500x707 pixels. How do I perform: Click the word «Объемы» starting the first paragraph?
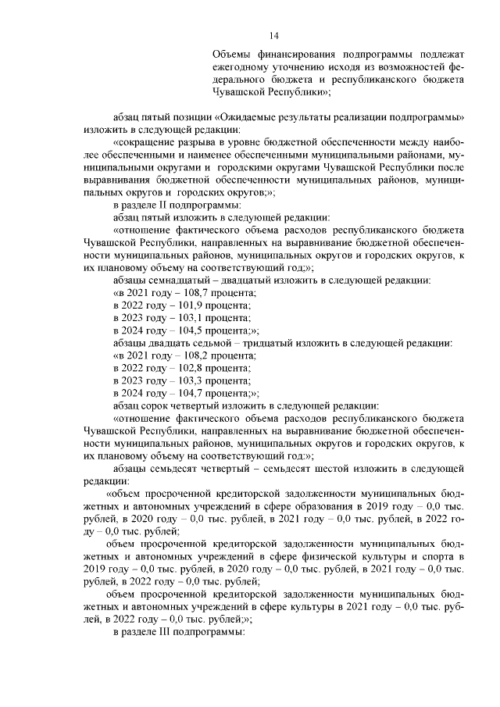coord(233,55)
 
